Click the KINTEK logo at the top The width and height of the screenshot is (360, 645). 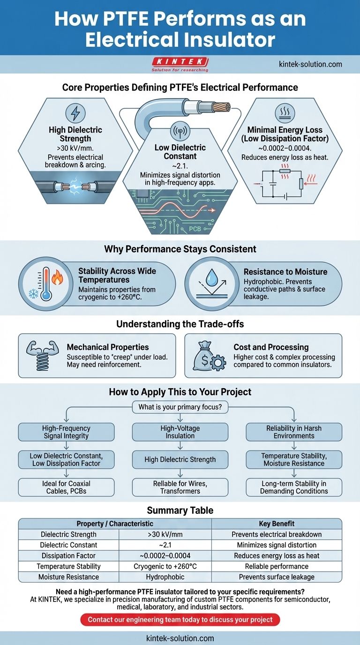click(180, 64)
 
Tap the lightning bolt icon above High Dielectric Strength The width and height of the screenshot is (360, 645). click(75, 113)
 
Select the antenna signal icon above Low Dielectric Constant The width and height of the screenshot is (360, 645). click(180, 131)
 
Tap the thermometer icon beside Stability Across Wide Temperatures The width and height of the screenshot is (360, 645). click(46, 284)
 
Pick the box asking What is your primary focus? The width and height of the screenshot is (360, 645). click(180, 407)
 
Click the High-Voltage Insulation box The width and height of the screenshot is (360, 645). click(180, 432)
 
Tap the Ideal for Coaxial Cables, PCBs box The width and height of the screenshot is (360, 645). click(66, 487)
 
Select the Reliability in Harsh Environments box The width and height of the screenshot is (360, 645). click(294, 432)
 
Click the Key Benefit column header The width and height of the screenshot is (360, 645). click(277, 524)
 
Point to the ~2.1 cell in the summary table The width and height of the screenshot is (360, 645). click(165, 545)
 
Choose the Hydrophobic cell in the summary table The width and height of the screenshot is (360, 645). click(165, 577)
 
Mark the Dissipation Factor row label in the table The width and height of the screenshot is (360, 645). click(68, 556)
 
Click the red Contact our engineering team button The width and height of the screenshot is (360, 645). click(180, 619)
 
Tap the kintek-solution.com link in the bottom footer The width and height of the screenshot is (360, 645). click(180, 638)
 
